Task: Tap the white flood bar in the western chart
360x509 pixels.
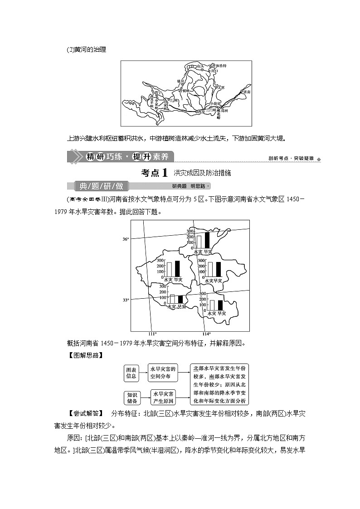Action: (169, 269)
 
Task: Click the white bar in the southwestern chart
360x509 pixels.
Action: (172, 299)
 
